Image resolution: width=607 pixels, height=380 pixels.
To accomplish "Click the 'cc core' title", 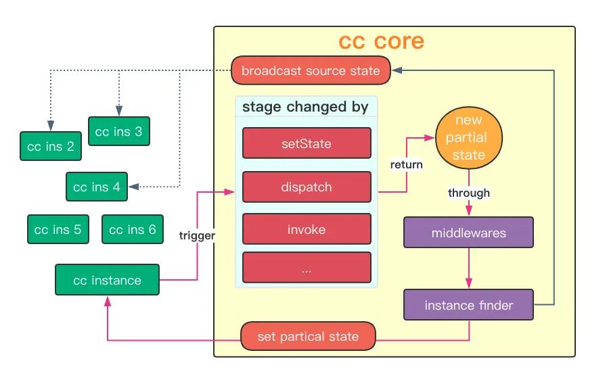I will [x=381, y=42].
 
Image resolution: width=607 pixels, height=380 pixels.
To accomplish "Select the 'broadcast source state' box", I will [x=311, y=71].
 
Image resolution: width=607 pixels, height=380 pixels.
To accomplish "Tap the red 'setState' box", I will [x=306, y=143].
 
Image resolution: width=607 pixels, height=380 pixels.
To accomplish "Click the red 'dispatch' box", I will [x=306, y=187].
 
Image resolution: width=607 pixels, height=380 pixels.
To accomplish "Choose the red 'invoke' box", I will [x=306, y=230].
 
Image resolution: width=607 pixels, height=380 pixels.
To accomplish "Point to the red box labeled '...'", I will [x=306, y=268].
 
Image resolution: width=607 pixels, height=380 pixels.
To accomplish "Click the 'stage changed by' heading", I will [x=305, y=107].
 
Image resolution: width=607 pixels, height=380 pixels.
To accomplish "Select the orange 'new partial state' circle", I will [x=468, y=138].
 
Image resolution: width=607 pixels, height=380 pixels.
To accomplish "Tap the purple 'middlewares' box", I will [x=468, y=233].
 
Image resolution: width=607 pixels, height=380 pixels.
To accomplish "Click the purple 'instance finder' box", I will [x=468, y=306].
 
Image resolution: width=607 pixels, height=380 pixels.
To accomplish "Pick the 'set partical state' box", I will [x=308, y=337].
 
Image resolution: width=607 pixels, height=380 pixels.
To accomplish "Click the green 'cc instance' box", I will [x=107, y=281].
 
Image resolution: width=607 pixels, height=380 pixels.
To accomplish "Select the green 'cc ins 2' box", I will [x=51, y=146].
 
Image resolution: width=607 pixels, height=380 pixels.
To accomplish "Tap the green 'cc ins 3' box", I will [x=118, y=131].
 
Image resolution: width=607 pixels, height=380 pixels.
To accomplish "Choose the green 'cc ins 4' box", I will [x=97, y=187].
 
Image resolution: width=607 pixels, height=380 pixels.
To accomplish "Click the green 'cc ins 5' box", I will [x=58, y=230].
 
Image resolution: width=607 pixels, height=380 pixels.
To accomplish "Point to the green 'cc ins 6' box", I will [x=133, y=230].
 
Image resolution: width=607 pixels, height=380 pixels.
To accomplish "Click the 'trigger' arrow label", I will [x=197, y=236].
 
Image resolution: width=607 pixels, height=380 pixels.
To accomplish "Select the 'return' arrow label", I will [x=406, y=164].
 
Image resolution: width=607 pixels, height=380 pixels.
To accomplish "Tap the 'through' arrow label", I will [x=468, y=193].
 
